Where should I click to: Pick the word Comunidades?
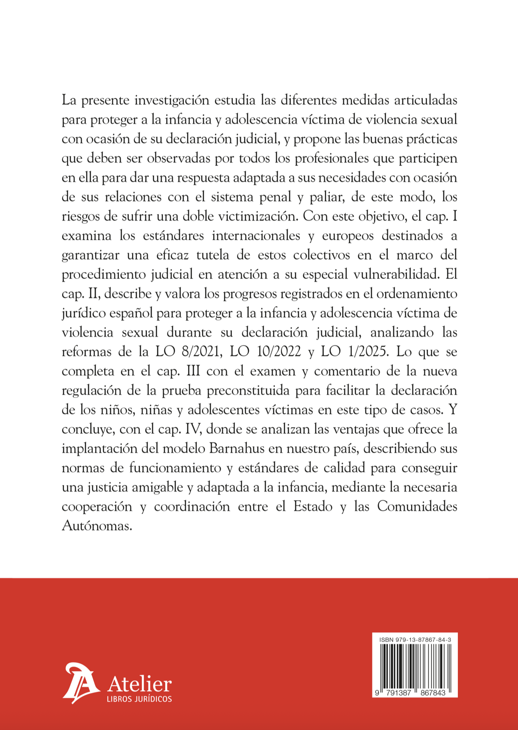point(417,506)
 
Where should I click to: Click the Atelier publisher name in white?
point(140,684)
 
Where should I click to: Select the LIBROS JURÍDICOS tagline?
point(139,699)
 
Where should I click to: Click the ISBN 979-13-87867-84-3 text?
point(415,639)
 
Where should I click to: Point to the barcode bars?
point(415,666)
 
